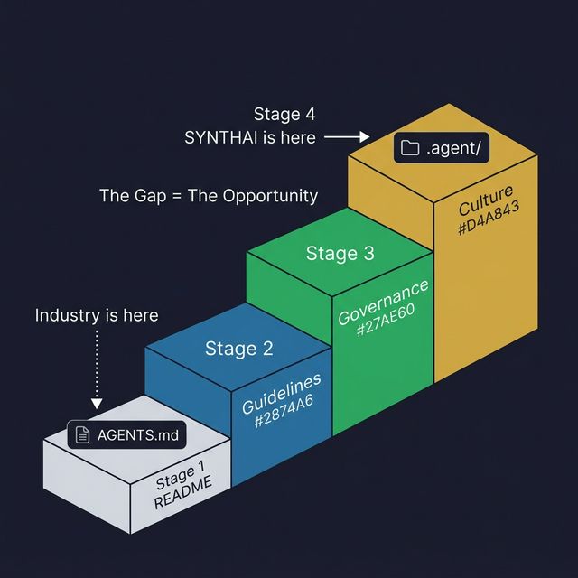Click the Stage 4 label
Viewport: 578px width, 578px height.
coord(284,115)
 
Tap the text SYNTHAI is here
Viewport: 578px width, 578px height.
coord(250,137)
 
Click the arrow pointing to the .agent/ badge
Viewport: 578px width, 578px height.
coord(348,137)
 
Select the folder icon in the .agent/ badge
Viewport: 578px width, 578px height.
coord(410,148)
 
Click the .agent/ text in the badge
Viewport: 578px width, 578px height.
coord(453,148)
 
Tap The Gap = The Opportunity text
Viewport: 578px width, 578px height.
coord(209,195)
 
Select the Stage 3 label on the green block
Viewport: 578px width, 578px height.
coord(340,254)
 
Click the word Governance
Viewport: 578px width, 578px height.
coord(383,303)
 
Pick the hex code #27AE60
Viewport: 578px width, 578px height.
coord(385,323)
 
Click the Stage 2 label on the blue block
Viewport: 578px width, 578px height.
coord(238,349)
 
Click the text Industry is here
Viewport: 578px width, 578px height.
coord(97,315)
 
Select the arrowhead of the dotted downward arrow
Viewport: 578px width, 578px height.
coord(97,404)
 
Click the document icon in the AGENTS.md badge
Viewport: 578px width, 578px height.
coord(82,435)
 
